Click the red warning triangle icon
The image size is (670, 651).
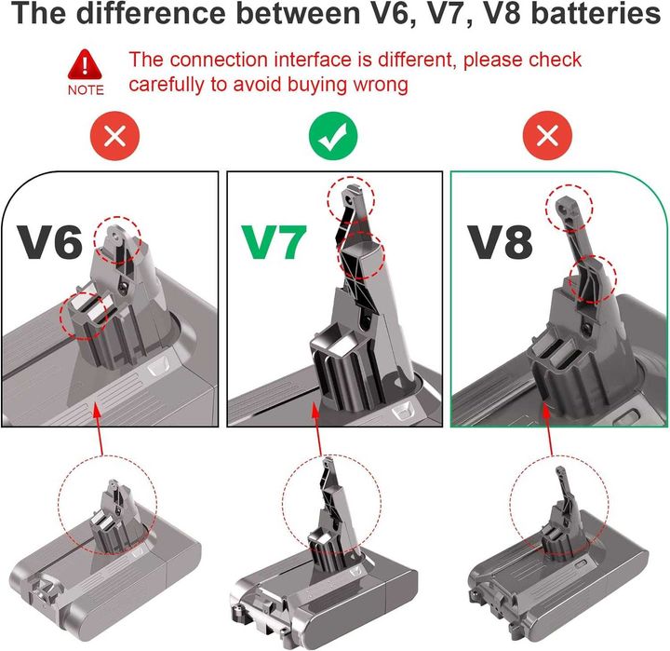86,64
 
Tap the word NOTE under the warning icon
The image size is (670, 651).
86,91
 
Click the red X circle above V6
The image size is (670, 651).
114,136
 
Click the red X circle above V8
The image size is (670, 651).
548,136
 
